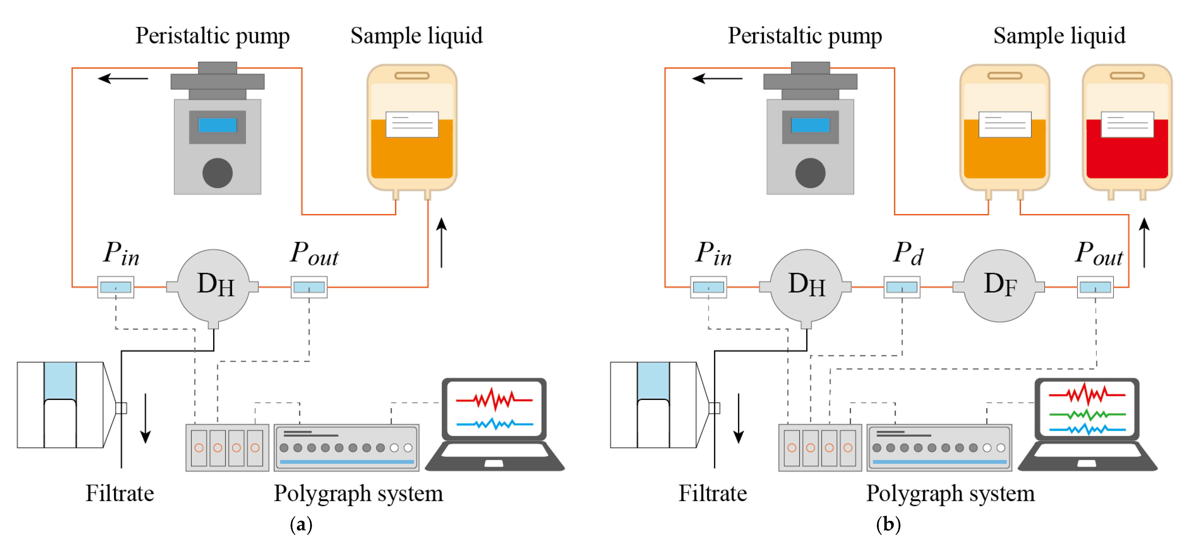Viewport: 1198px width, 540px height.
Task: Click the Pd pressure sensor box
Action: [902, 287]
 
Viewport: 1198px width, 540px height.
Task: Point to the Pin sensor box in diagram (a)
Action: [116, 287]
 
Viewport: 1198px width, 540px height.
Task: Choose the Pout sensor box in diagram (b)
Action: [1095, 287]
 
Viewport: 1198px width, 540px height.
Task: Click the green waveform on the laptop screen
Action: [1087, 414]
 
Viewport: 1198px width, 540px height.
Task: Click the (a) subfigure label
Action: [301, 525]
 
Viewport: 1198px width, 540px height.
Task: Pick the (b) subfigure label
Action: [888, 525]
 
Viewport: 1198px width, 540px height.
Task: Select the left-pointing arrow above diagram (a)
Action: [123, 78]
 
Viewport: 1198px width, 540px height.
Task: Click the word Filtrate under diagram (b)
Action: [712, 493]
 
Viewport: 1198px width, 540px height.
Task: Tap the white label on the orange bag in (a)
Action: [412, 124]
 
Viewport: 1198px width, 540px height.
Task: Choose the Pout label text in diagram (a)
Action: [315, 254]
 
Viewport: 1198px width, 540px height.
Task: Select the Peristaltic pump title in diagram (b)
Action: [805, 36]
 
